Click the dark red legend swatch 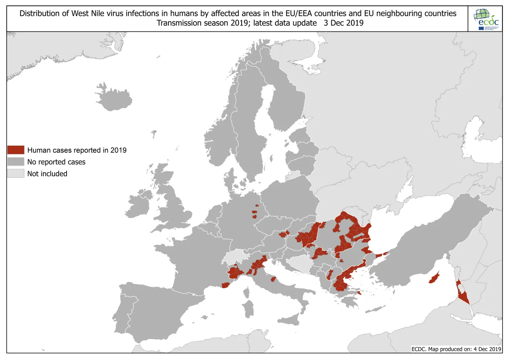pyautogui.click(x=16, y=150)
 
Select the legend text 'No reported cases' pyautogui.click(x=56, y=162)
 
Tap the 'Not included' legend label pyautogui.click(x=47, y=174)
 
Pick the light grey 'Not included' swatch pyautogui.click(x=16, y=174)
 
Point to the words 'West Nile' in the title pyautogui.click(x=85, y=13)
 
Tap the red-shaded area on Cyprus pyautogui.click(x=434, y=278)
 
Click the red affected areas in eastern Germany pyautogui.click(x=255, y=214)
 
